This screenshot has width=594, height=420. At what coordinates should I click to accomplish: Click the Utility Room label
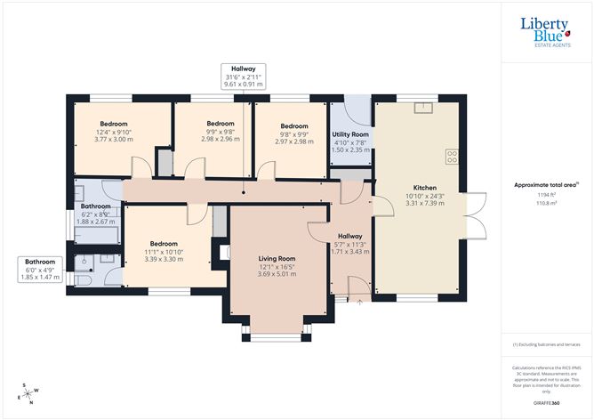pos(349,134)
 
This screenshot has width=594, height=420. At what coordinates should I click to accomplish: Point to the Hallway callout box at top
pos(242,78)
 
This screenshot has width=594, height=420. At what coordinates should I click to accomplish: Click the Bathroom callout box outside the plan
pos(40,269)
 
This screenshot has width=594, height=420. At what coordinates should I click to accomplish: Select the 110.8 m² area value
pos(547,203)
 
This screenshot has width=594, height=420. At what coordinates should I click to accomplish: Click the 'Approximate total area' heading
pos(547,184)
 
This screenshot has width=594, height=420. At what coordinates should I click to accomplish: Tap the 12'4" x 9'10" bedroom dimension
pos(113,132)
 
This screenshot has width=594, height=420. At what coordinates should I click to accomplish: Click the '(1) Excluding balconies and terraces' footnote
pos(547,344)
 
